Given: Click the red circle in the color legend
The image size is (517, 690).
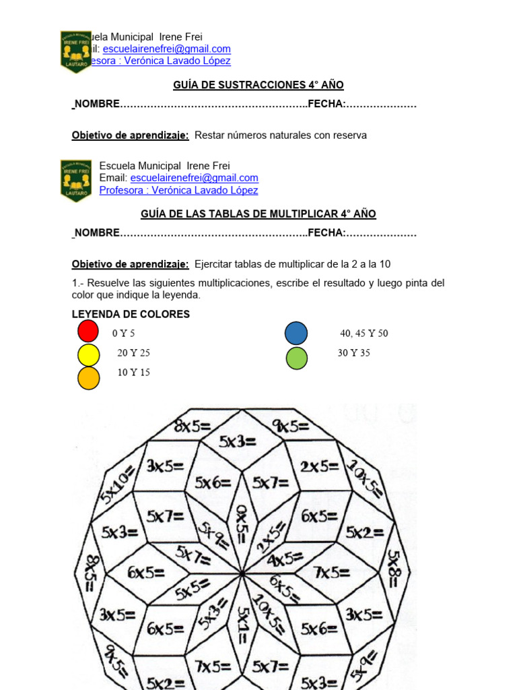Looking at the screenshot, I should coord(88,331).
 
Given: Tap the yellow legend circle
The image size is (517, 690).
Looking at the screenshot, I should coord(88,354).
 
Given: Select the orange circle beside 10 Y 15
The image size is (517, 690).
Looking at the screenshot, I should coord(88,378).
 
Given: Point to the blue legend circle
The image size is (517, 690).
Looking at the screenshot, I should coord(296,334).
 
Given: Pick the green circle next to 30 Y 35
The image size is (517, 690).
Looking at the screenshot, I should coord(296,358).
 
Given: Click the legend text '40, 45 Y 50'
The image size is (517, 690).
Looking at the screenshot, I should coord(364,334).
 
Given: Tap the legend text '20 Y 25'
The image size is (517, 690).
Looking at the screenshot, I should coord(133,353).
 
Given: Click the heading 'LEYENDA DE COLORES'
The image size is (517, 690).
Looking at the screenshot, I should coord(131,314).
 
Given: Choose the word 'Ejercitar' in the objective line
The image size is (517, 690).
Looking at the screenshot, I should coord(215,264).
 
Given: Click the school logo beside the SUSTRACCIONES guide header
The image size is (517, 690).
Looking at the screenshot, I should coord(75,51).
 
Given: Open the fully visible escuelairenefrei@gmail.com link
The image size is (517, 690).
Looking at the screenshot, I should coord(194,178).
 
